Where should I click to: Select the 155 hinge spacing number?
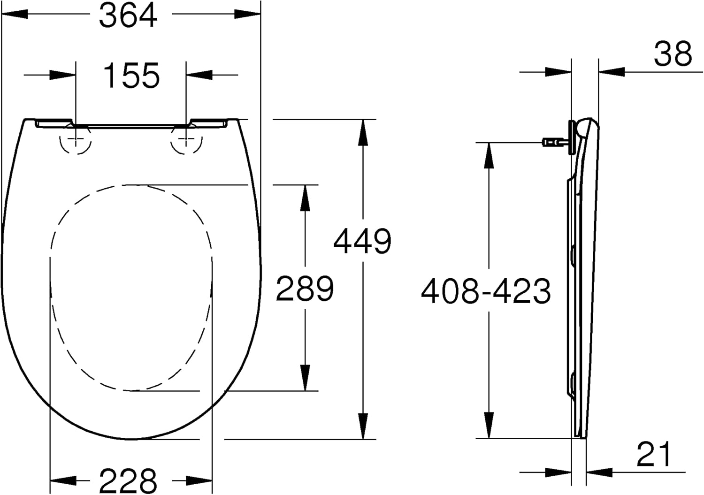[131, 76]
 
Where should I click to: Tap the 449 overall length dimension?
[362, 242]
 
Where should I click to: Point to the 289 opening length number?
[305, 289]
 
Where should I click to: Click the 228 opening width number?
[128, 480]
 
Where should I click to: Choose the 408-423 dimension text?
[486, 291]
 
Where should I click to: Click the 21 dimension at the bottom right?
[655, 454]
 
